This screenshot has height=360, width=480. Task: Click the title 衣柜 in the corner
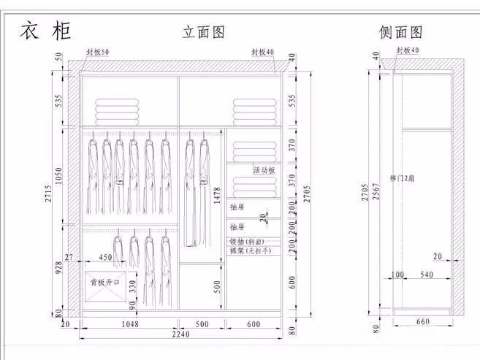45,31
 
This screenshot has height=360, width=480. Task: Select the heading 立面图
202,32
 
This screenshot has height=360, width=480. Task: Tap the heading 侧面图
401,32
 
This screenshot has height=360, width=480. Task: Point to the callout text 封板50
98,52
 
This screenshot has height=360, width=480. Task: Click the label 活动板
264,170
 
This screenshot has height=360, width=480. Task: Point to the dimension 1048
129,323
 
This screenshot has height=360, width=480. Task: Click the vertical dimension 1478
217,194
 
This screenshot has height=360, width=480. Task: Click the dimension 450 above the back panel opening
106,257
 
